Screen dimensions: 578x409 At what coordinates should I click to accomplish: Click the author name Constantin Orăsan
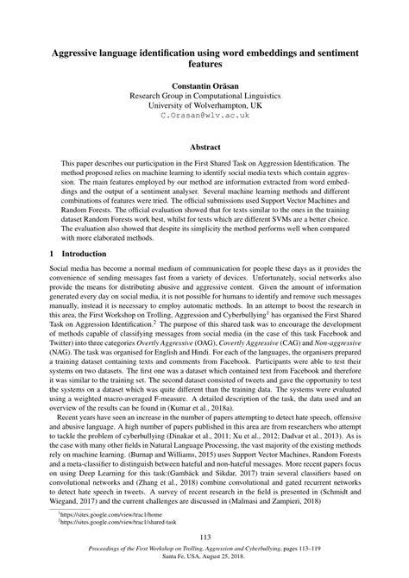[204, 87]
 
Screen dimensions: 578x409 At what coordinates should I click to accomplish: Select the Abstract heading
[204, 148]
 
